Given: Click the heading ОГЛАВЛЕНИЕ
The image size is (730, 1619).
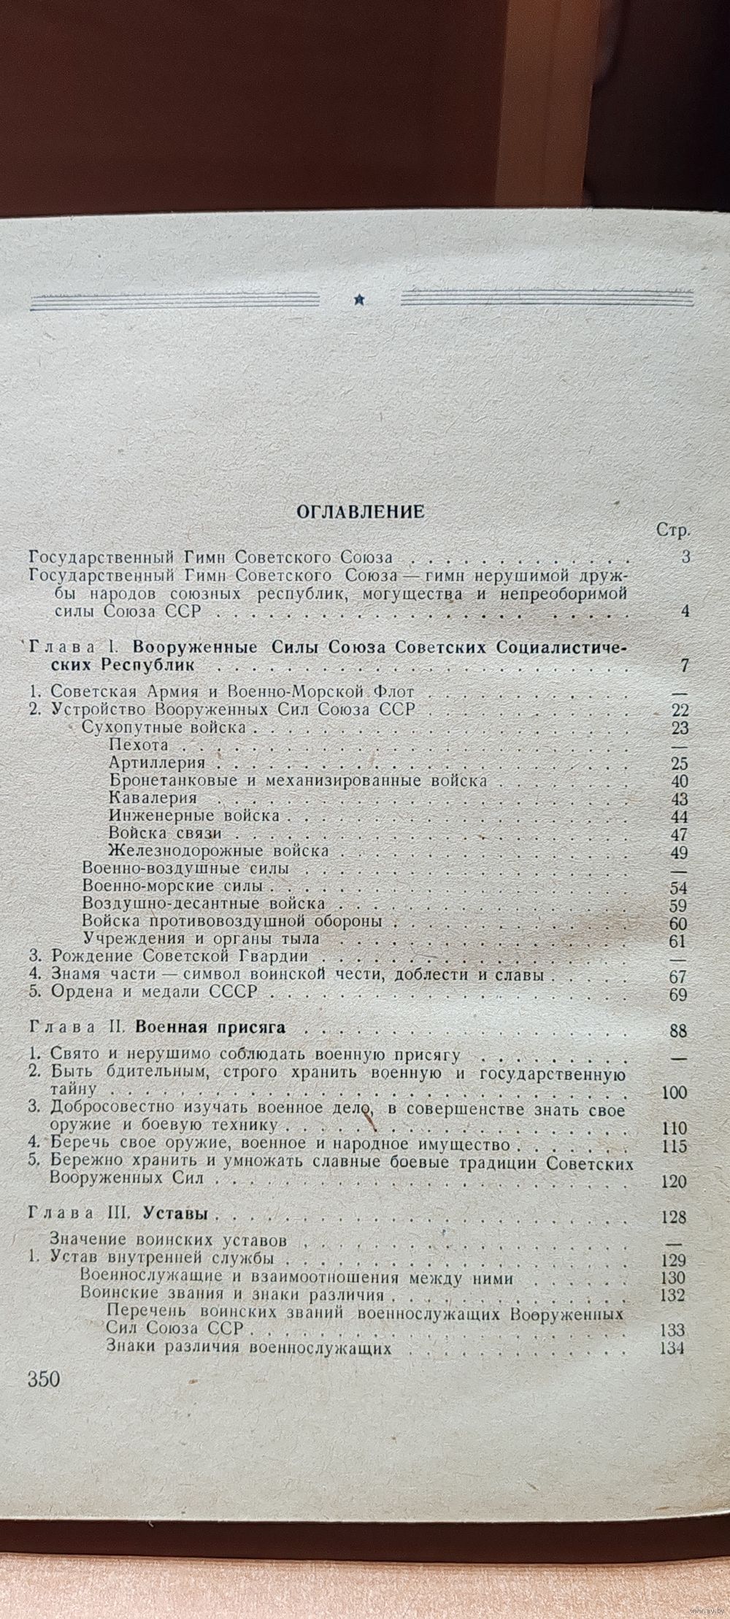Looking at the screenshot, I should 361,511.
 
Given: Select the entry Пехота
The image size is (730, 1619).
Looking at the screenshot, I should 138,745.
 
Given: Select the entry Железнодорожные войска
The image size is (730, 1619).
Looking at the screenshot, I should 218,850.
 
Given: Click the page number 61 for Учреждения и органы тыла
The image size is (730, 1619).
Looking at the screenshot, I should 680,941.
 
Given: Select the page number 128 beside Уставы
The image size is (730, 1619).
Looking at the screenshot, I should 672,1217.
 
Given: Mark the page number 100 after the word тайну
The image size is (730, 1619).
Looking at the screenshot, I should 673,1093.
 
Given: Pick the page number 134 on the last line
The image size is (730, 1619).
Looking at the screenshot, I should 672,1347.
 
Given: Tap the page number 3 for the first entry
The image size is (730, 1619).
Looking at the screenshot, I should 685,558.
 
